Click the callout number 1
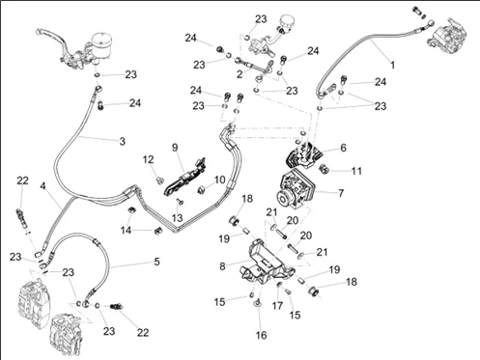click(x=392, y=65)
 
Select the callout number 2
click(x=240, y=74)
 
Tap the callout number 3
click(x=123, y=141)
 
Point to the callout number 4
click(x=42, y=186)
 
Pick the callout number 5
click(x=156, y=262)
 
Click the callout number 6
click(x=343, y=148)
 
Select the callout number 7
click(x=341, y=193)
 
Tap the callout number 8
click(x=222, y=266)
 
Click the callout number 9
click(x=175, y=148)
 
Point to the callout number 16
click(x=262, y=335)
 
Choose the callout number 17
click(x=277, y=305)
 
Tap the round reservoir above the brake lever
click(x=101, y=45)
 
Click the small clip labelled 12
click(x=158, y=180)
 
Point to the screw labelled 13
click(x=180, y=202)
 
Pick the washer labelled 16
click(x=258, y=302)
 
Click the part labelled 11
click(x=323, y=168)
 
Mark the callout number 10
click(x=219, y=180)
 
